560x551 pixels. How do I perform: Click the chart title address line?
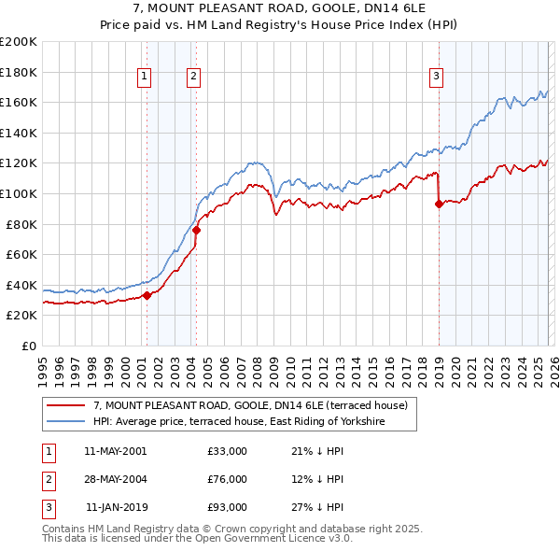(x=280, y=8)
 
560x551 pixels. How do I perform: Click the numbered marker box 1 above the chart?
(x=146, y=78)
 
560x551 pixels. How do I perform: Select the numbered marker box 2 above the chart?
(x=193, y=78)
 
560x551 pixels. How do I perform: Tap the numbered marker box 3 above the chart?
(x=436, y=78)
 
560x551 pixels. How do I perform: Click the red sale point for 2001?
(x=147, y=296)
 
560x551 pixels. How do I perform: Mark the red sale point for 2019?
(x=439, y=205)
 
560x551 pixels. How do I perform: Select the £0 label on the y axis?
(x=28, y=346)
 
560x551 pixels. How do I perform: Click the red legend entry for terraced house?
(x=250, y=406)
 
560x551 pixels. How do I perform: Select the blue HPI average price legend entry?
(x=252, y=422)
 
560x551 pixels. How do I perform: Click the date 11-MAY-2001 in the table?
(x=115, y=451)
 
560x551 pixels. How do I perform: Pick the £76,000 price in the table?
(x=228, y=479)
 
